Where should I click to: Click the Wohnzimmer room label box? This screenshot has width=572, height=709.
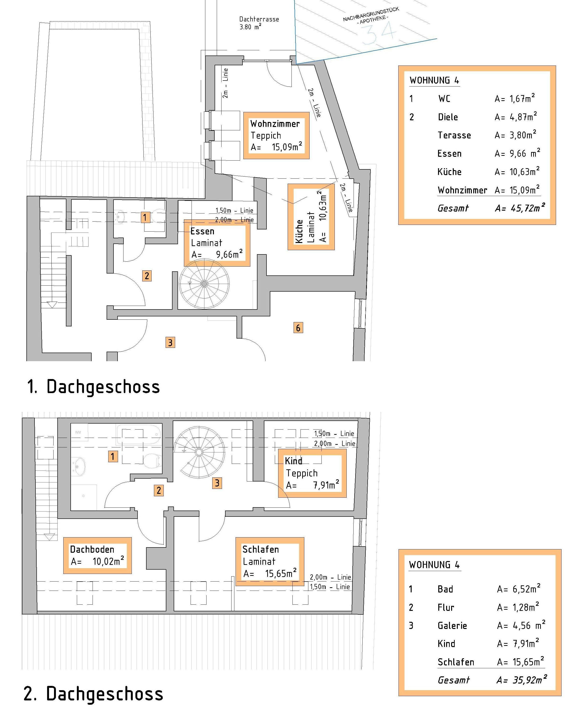click(276, 135)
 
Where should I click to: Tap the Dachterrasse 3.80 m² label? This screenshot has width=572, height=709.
click(259, 23)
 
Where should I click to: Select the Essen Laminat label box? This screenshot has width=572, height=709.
click(217, 243)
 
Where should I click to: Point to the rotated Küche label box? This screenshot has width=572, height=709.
click(311, 217)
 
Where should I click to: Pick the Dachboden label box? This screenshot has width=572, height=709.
click(98, 555)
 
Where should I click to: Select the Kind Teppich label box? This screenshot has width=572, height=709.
click(312, 473)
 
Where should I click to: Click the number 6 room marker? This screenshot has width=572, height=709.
click(298, 328)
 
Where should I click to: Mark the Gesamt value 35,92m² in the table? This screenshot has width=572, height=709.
click(521, 680)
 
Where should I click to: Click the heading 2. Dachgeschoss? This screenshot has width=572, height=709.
click(94, 693)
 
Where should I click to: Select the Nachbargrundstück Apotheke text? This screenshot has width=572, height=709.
click(371, 15)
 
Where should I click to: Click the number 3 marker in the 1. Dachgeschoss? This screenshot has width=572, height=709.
click(170, 342)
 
